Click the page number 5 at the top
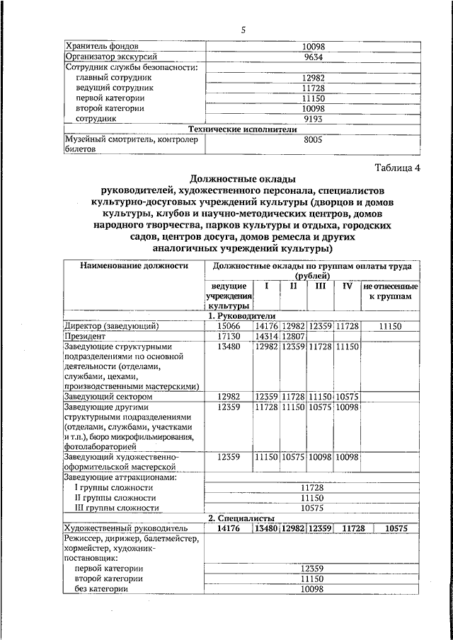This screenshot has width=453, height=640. tap(242, 29)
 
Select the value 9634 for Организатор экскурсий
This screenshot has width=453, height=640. tap(312, 56)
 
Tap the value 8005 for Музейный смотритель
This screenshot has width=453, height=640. tap(312, 141)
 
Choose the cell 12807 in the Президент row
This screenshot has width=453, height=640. tap(293, 336)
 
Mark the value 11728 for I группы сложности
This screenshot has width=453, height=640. tap(312, 487)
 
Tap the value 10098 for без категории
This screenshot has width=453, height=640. tap(312, 588)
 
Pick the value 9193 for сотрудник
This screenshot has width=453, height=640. tap(312, 119)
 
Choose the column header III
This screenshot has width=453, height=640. tap(320, 286)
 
